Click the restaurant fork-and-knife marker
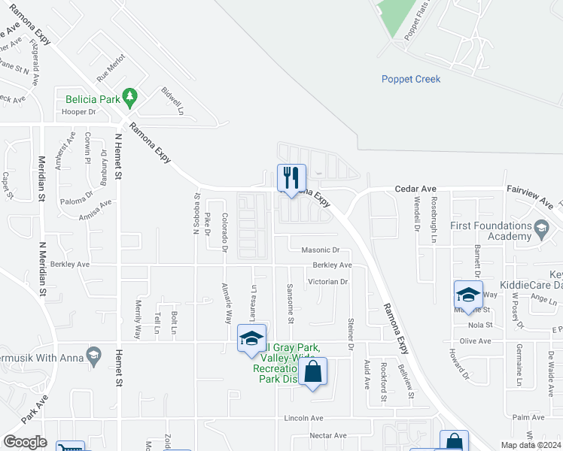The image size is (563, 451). click(x=291, y=178)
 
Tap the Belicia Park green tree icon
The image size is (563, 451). click(x=130, y=96)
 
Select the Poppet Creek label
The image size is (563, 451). click(x=410, y=79)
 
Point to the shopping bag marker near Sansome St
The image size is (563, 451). click(x=312, y=371)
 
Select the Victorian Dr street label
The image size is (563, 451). click(x=327, y=282)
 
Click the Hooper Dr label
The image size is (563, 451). click(x=79, y=112)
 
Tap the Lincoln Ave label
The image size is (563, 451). click(x=303, y=418)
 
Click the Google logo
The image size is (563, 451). click(x=25, y=442)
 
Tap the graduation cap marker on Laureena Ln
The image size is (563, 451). click(x=251, y=338)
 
